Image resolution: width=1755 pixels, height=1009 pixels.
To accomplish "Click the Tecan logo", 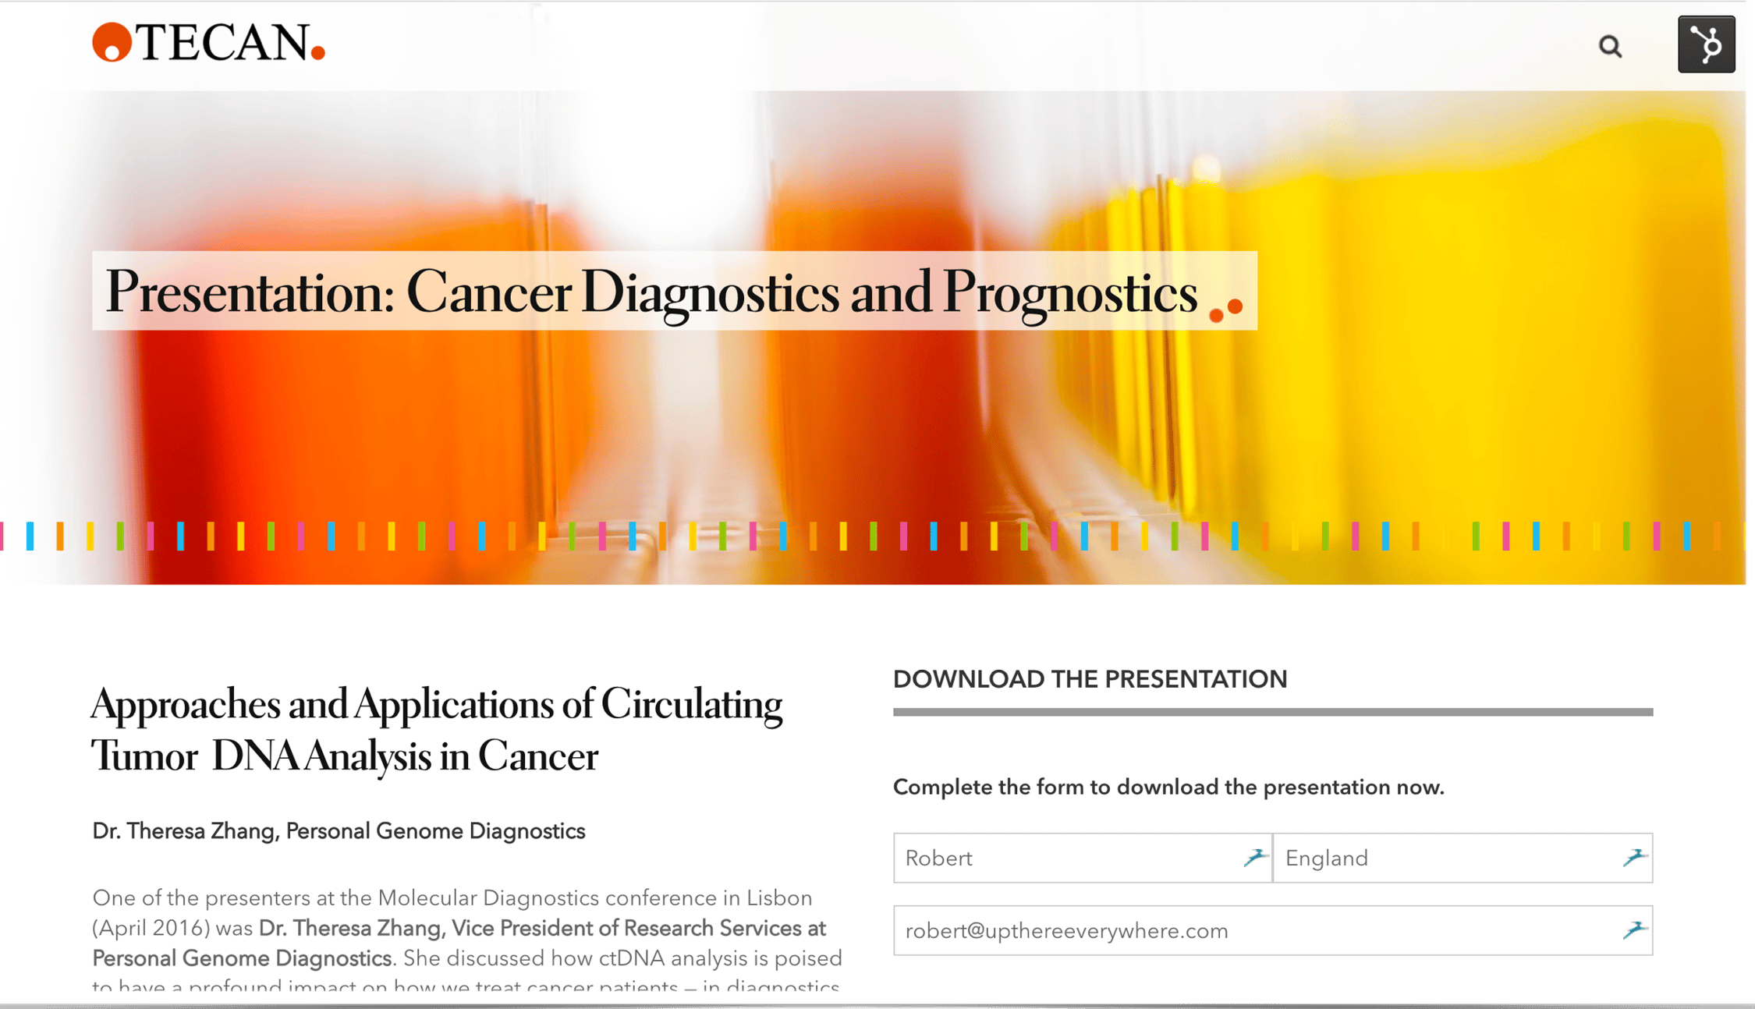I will pyautogui.click(x=209, y=43).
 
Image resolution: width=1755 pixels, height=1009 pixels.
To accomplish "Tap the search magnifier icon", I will pyautogui.click(x=1610, y=47).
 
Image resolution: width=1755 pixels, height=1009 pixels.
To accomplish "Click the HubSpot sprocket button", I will pyautogui.click(x=1706, y=44).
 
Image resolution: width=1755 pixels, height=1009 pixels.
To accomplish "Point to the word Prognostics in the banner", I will pyautogui.click(x=1069, y=292).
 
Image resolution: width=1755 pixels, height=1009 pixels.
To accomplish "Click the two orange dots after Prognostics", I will pyautogui.click(x=1225, y=310).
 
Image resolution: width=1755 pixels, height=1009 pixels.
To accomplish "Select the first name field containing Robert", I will pyautogui.click(x=1069, y=858).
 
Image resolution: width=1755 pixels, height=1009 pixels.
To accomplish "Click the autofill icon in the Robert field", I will pyautogui.click(x=1254, y=858).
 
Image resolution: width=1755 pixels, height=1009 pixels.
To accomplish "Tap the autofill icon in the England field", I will pyautogui.click(x=1634, y=858).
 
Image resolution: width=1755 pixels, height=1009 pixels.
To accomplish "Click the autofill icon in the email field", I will pyautogui.click(x=1634, y=929).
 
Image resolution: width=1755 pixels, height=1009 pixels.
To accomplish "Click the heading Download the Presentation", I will pyautogui.click(x=1090, y=679).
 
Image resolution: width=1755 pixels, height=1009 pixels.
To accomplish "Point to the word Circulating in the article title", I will pyautogui.click(x=691, y=705).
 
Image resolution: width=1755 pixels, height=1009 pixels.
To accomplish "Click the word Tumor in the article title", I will pyautogui.click(x=144, y=756).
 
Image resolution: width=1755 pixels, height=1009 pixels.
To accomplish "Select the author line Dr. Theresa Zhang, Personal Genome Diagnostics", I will pyautogui.click(x=339, y=831).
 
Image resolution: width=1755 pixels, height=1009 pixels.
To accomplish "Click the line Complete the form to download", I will pyautogui.click(x=1168, y=788).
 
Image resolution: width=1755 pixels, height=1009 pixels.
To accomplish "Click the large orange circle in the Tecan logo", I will pyautogui.click(x=112, y=42).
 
